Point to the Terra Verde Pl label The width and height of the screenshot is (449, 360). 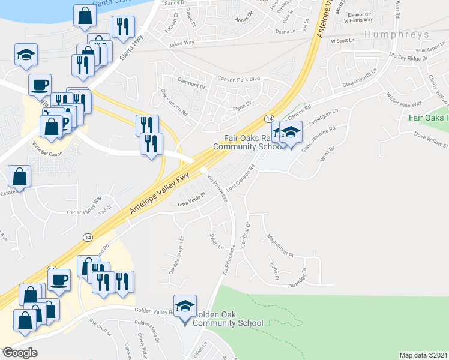(191, 203)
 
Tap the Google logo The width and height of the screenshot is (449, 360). (20, 352)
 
